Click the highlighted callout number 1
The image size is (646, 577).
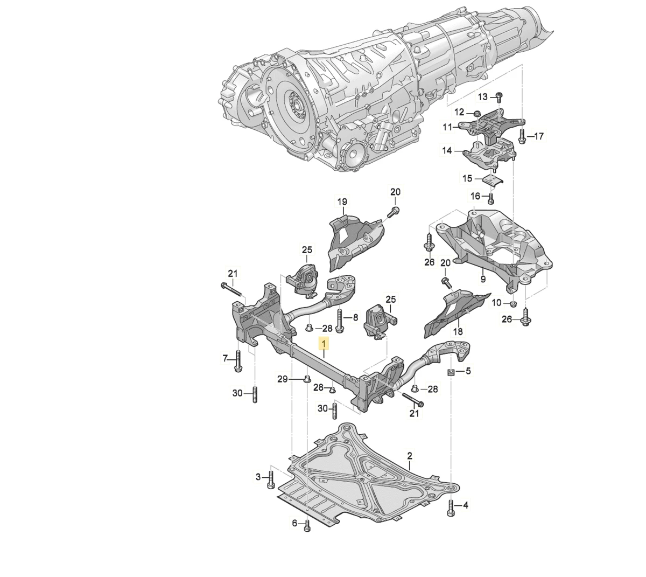324,343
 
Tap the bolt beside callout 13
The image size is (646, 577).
499,97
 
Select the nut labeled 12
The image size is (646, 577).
477,113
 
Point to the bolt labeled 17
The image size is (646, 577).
522,136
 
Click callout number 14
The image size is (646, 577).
447,151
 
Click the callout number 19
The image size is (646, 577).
342,202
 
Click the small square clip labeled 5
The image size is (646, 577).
451,371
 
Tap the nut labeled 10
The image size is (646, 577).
513,304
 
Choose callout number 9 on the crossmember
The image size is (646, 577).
483,279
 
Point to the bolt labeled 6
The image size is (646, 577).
307,525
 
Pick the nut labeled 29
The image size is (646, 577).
306,379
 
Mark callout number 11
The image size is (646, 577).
447,127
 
